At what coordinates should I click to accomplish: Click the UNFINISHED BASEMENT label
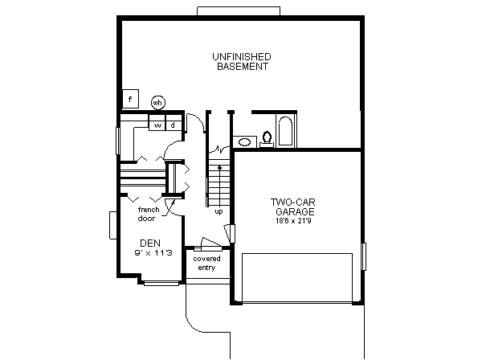coord(241,62)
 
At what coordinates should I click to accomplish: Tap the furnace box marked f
coord(129,99)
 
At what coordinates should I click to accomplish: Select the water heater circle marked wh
coord(157,102)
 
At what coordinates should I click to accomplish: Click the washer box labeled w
coord(158,125)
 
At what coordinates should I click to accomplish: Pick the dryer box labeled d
coord(172,125)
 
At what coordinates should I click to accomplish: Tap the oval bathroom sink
coord(244,142)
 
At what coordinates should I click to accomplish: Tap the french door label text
coord(147,214)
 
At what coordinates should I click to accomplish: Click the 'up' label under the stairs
coord(219,211)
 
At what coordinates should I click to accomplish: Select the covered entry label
coord(206,263)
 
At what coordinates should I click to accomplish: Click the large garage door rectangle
coord(297,276)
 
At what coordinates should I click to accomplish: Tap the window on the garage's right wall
coord(364,257)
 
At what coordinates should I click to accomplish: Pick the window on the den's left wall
coord(113,226)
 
